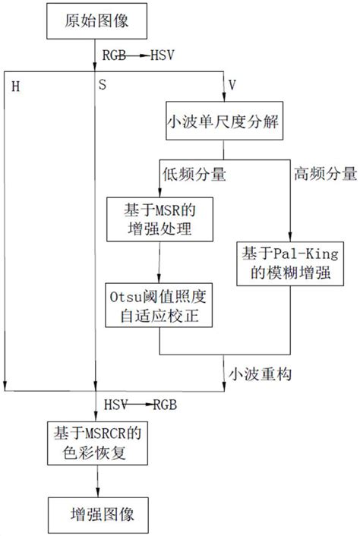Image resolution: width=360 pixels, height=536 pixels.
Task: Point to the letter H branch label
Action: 17,86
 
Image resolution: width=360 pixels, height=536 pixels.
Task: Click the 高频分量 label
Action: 324,175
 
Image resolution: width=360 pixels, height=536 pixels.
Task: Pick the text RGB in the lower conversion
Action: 165,405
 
